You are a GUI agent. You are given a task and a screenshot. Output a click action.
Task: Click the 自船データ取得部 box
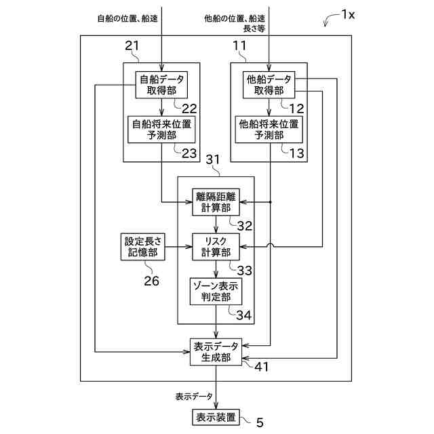(161, 85)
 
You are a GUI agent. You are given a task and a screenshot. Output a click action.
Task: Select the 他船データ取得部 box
(269, 85)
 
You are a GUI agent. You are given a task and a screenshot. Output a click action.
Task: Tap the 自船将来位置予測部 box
(161, 130)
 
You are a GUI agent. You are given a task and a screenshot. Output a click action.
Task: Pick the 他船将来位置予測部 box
(269, 130)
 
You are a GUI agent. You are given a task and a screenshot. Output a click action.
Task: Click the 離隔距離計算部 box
(216, 202)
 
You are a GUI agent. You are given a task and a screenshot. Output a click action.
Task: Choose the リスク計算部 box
(216, 247)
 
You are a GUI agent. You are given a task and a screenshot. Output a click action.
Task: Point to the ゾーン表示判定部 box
(216, 292)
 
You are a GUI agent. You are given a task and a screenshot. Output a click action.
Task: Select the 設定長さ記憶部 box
(143, 247)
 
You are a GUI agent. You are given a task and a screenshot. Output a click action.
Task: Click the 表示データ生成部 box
(216, 352)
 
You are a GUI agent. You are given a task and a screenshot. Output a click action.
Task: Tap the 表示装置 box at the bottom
(216, 418)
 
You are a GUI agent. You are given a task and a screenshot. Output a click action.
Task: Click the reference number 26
(151, 281)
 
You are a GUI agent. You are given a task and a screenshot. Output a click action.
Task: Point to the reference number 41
(262, 367)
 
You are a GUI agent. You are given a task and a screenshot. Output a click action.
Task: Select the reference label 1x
(348, 14)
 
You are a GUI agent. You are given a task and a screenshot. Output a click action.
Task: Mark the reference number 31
(213, 160)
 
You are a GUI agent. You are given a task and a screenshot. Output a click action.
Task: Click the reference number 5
(260, 422)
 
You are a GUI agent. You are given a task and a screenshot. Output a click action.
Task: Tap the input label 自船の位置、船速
(127, 18)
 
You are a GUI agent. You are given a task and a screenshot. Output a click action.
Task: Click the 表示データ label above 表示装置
(194, 396)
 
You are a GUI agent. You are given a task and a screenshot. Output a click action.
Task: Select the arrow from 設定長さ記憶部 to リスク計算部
(179, 247)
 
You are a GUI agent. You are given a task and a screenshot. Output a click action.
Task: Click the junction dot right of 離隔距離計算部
(271, 202)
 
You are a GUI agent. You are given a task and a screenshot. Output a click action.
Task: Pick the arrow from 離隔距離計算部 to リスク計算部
(216, 224)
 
